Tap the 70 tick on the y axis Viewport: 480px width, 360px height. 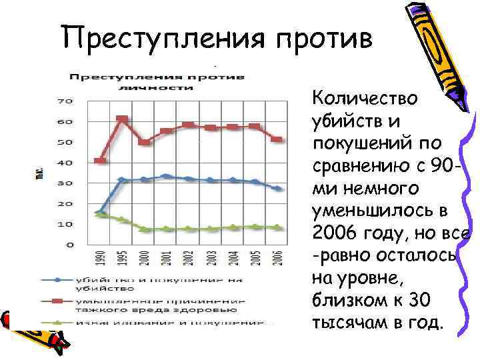click(65, 102)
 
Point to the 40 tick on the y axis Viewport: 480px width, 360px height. click(65, 163)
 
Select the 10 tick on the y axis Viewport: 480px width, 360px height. click(65, 224)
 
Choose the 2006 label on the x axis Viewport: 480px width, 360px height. click(277, 258)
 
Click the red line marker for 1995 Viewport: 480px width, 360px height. click(122, 119)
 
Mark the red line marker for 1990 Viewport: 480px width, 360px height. click(100, 161)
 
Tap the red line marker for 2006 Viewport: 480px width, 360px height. click(277, 139)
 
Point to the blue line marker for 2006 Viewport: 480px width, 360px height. click(277, 189)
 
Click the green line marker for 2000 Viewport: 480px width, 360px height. click(144, 229)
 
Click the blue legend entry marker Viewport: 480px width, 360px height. click(60, 281)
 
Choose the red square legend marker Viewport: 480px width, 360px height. click(60, 302)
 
